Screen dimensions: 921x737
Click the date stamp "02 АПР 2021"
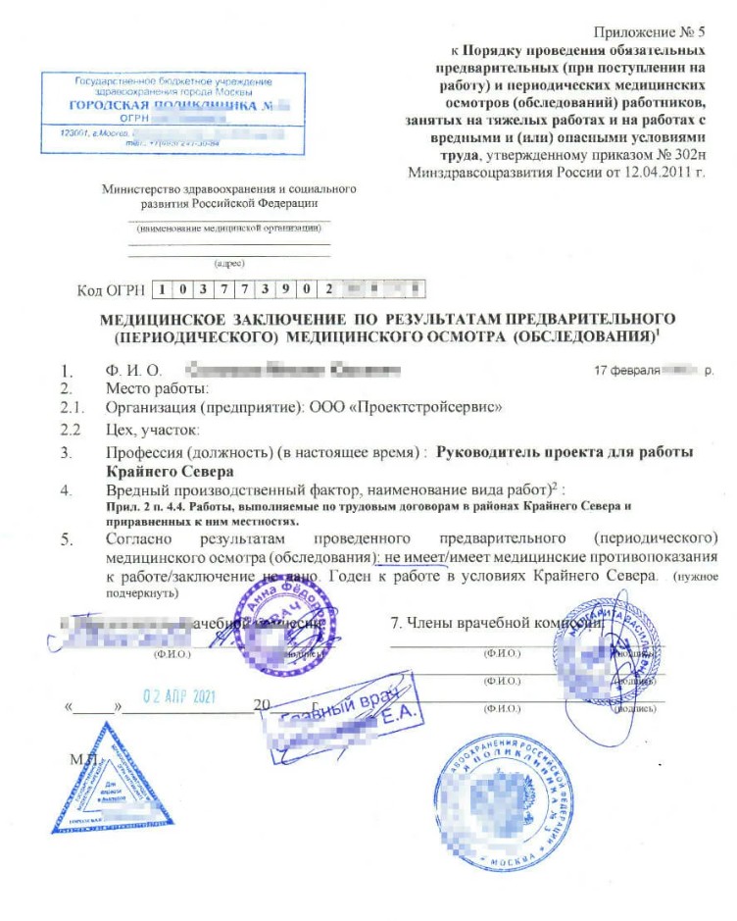pyautogui.click(x=178, y=698)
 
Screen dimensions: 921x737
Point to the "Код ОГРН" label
pyautogui.click(x=110, y=290)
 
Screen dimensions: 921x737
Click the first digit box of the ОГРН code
pyautogui.click(x=165, y=290)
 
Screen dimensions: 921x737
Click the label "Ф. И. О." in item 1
pyautogui.click(x=131, y=372)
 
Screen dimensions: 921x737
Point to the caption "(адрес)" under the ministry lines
pyautogui.click(x=228, y=263)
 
